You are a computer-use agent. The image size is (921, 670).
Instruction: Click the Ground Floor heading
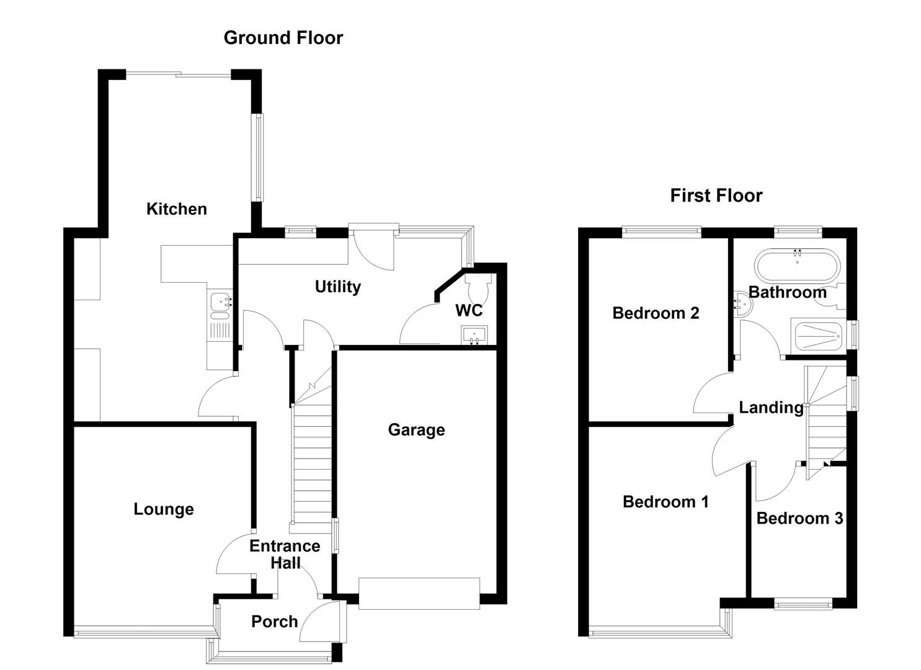pyautogui.click(x=283, y=38)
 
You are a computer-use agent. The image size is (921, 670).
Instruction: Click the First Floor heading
pyautogui.click(x=716, y=195)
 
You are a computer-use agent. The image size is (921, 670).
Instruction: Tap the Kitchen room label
pyautogui.click(x=176, y=209)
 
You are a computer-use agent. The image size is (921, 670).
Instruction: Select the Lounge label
pyautogui.click(x=164, y=509)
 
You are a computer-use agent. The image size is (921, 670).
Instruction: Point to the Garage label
pyautogui.click(x=416, y=430)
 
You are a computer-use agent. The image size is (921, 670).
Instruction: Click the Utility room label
pyautogui.click(x=337, y=287)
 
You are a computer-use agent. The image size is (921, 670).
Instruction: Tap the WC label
pyautogui.click(x=468, y=310)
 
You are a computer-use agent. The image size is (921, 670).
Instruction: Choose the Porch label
pyautogui.click(x=274, y=622)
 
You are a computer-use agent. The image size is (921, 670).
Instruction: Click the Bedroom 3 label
pyautogui.click(x=799, y=518)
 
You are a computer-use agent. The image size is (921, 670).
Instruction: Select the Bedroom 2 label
pyautogui.click(x=656, y=313)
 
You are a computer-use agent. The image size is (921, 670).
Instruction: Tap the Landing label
pyautogui.click(x=771, y=408)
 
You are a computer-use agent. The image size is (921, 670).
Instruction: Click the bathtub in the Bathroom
pyautogui.click(x=796, y=265)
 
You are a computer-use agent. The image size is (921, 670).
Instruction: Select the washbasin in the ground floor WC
pyautogui.click(x=474, y=335)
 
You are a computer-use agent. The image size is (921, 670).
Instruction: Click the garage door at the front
pyautogui.click(x=419, y=594)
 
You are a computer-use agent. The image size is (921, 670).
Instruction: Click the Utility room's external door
pyautogui.click(x=373, y=248)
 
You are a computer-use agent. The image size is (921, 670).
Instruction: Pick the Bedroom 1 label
pyautogui.click(x=665, y=501)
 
